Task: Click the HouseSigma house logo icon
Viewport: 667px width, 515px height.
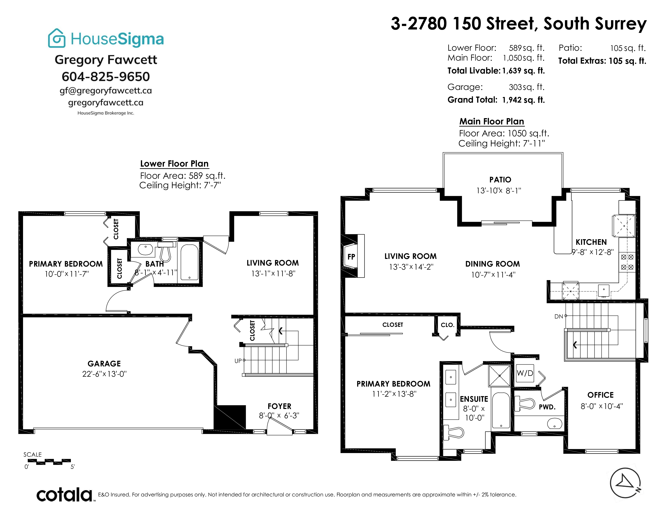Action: (x=57, y=38)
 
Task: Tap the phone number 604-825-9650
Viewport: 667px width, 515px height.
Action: (x=106, y=77)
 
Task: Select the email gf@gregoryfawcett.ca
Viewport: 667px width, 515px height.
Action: (x=106, y=91)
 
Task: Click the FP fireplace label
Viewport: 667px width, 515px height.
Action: (x=351, y=256)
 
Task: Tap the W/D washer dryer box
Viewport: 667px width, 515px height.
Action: (x=525, y=373)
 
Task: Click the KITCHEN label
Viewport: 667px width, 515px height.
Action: (x=591, y=242)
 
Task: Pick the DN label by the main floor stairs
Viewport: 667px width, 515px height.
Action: (x=559, y=316)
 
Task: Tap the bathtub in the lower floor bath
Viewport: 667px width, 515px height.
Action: (x=189, y=262)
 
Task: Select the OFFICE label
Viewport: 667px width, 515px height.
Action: (x=601, y=395)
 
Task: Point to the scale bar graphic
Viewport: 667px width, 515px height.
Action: (x=49, y=462)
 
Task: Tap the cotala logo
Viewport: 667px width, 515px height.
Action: (x=64, y=495)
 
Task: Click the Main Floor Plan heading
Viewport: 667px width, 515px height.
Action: (x=492, y=121)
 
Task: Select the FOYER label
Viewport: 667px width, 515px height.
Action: (x=280, y=406)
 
